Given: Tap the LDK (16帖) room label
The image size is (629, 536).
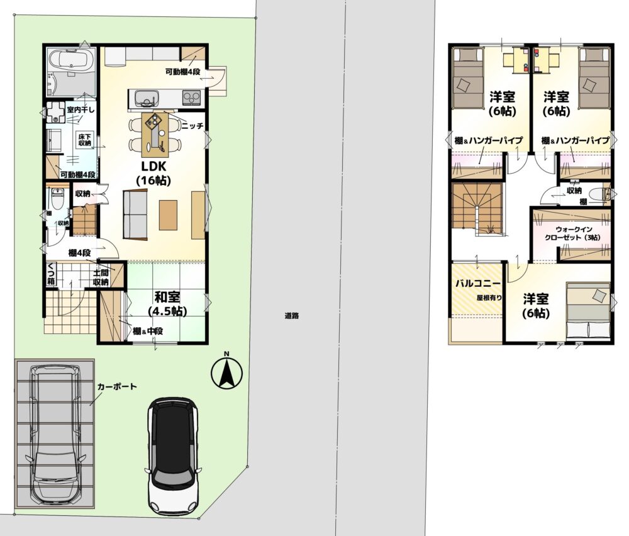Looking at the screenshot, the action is point(153,173).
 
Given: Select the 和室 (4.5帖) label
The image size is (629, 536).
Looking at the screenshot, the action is point(167,304).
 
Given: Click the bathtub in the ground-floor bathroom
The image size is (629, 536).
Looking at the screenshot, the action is point(71,60).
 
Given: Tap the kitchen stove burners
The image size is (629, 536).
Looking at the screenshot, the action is point(191,97).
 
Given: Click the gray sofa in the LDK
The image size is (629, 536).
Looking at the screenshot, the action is point(135,215).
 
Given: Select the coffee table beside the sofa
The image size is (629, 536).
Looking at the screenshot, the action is point(168,215).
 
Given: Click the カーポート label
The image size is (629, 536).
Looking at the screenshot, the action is point(117,387).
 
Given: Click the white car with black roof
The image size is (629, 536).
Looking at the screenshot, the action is point(174,456).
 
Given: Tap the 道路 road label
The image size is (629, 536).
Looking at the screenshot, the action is point(292,316).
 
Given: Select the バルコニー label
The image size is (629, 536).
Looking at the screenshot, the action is point(478,283).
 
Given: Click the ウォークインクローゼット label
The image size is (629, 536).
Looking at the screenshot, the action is point(572,233).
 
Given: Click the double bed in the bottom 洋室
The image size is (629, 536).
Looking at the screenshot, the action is point(588,310).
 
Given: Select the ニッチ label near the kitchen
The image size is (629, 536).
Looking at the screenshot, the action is point(192,126).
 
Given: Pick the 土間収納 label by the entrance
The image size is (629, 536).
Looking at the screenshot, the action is point(101,277).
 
